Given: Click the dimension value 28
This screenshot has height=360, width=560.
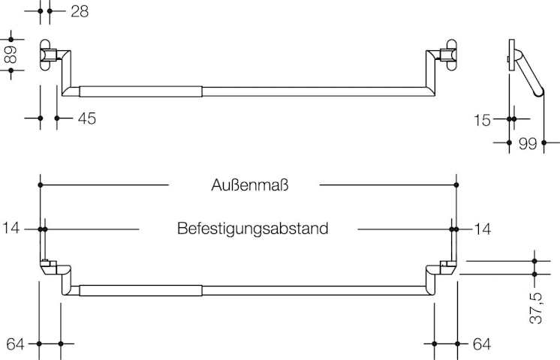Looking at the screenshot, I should (x=80, y=11).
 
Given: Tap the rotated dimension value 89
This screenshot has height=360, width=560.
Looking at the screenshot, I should (x=11, y=55).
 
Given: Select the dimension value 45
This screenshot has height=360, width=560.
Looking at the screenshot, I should (x=86, y=118).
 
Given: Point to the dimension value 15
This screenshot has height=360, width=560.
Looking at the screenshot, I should (x=482, y=118).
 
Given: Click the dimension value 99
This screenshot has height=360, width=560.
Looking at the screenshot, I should (x=528, y=142).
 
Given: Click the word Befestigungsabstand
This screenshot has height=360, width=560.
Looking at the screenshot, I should (x=253, y=228).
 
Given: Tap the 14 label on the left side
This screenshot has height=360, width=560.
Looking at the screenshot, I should (x=11, y=228).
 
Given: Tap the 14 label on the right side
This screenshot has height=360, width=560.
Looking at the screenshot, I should (x=481, y=228).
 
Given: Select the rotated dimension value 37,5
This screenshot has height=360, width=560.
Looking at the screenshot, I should (x=535, y=308).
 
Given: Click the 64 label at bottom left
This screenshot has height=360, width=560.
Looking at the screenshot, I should (x=16, y=344).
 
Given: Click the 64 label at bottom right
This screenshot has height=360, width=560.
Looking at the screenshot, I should (x=481, y=344).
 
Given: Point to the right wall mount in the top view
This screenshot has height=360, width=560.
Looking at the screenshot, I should (x=449, y=55).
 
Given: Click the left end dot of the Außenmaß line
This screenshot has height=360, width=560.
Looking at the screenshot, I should (x=40, y=184).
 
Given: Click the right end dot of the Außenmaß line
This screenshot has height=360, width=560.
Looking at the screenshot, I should (x=456, y=184).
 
